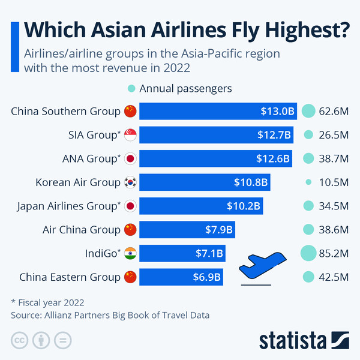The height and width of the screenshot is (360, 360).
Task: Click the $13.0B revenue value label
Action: [278, 111]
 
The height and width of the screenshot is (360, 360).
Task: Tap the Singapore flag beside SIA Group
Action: [130, 135]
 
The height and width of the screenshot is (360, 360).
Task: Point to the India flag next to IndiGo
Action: [130, 253]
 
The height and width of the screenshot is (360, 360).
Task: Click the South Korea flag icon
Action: [130, 182]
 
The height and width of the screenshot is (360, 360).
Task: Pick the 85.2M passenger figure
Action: [334, 253]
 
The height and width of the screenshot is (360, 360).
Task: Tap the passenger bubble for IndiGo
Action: [308, 253]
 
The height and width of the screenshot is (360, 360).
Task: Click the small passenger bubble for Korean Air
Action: [308, 182]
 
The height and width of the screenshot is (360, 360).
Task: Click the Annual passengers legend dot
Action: [131, 89]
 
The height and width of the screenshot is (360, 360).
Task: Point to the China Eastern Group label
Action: [70, 277]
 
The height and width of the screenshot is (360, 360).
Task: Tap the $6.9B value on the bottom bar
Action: [208, 277]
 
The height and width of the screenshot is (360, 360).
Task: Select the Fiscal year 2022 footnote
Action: [47, 302]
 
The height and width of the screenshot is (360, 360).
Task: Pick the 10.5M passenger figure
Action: [334, 182]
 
